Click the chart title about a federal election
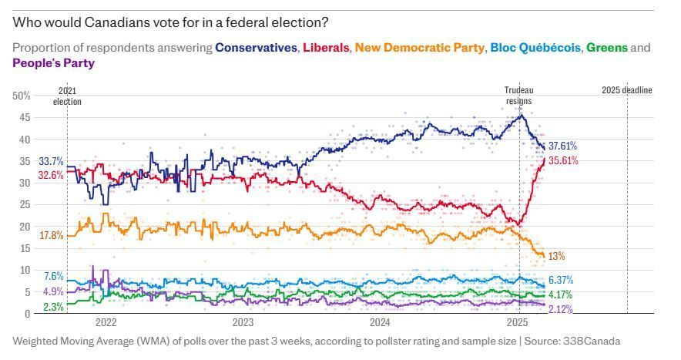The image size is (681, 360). [x=170, y=22]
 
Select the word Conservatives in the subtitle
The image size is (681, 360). [x=257, y=47]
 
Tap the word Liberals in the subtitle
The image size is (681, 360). [x=326, y=47]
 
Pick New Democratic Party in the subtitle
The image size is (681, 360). [x=420, y=47]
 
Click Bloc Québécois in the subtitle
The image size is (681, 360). [x=535, y=47]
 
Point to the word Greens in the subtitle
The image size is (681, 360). [x=607, y=47]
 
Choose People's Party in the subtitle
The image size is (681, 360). [x=53, y=63]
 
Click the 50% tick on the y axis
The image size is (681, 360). [x=22, y=96]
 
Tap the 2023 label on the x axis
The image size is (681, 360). [x=243, y=322]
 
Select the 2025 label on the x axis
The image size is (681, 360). [x=517, y=322]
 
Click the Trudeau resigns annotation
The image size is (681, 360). [x=519, y=96]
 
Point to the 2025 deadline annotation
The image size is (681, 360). [x=627, y=90]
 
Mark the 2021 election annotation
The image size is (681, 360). [x=67, y=96]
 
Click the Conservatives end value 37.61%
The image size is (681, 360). [x=562, y=146]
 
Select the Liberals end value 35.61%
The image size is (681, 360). [x=563, y=161]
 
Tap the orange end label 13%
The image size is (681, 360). [x=556, y=256]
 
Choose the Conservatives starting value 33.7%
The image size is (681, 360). [x=52, y=162]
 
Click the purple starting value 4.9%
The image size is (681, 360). [x=53, y=291]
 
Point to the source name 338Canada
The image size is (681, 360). [x=592, y=341]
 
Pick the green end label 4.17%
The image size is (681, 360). [x=560, y=294]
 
